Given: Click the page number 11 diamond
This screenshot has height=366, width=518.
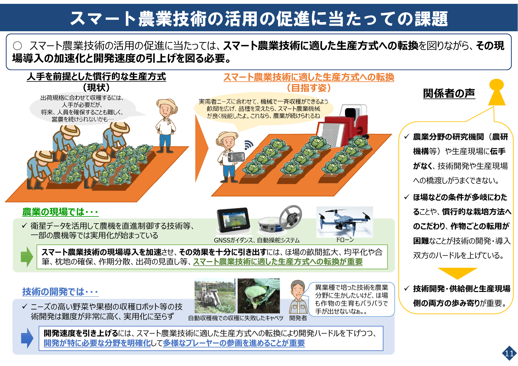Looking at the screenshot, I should click(509, 353).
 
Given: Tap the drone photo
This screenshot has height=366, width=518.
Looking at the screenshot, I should click(344, 222).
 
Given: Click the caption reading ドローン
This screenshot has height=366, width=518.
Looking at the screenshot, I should click(344, 240).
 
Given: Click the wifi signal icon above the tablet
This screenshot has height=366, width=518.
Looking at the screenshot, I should click(249, 145).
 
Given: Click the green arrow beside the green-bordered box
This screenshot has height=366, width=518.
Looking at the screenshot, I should click(27, 257).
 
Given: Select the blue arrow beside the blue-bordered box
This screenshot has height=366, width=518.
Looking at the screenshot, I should click(27, 338).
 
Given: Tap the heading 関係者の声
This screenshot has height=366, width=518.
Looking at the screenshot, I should click(449, 93).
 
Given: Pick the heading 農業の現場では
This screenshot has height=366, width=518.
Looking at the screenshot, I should click(60, 212).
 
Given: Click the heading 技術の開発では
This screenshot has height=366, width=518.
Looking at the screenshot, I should click(60, 292).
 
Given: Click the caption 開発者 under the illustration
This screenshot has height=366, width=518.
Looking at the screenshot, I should click(298, 318).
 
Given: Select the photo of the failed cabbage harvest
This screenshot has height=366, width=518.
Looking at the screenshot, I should click(259, 296).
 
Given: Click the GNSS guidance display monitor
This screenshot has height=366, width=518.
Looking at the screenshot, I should click(233, 220).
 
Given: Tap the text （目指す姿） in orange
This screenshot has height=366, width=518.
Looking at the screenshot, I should click(309, 88).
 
